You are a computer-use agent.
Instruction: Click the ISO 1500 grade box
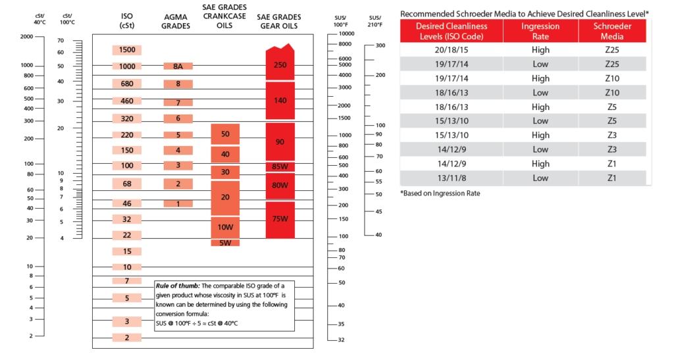pos(127,50)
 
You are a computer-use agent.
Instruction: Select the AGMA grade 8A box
pos(178,66)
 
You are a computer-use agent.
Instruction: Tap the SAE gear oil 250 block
pos(280,65)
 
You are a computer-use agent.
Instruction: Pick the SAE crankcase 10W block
pos(225,227)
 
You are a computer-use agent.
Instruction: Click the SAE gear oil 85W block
pos(280,167)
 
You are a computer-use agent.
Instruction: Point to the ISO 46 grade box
pos(127,204)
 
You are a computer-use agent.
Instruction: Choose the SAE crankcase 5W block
pos(225,243)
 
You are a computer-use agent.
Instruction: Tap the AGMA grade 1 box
pos(178,204)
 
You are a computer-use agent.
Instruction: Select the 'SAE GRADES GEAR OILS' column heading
pos(280,22)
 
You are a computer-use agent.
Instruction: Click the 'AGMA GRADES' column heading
pos(177,22)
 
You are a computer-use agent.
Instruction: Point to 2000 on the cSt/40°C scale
pos(27,37)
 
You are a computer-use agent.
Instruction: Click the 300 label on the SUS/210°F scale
pos(380,45)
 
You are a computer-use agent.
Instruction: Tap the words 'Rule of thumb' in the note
pos(176,286)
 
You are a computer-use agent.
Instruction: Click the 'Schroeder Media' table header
pos(611,30)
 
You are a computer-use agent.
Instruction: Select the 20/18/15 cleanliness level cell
pos(452,49)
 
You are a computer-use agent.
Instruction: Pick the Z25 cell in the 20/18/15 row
pos(611,49)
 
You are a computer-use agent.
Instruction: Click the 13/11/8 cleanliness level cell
pos(452,178)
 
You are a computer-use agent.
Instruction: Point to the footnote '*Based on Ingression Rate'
pos(440,193)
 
